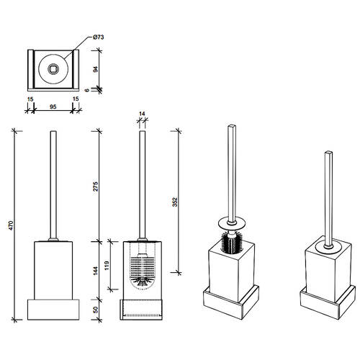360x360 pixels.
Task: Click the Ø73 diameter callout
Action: pyautogui.click(x=98, y=37)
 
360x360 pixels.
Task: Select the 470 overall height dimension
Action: pyautogui.click(x=12, y=225)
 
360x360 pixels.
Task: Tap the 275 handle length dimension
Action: pyautogui.click(x=96, y=186)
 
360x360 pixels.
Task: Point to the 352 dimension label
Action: pyautogui.click(x=175, y=202)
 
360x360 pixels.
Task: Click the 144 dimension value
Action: pyautogui.click(x=96, y=271)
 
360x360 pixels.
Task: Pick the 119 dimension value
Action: pyautogui.click(x=107, y=266)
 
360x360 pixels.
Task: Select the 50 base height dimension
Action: pyautogui.click(x=96, y=310)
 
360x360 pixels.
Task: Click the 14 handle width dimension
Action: pyautogui.click(x=142, y=114)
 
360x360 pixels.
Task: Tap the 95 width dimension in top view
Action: pyautogui.click(x=53, y=107)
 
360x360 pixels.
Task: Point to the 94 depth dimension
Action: pyautogui.click(x=96, y=69)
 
